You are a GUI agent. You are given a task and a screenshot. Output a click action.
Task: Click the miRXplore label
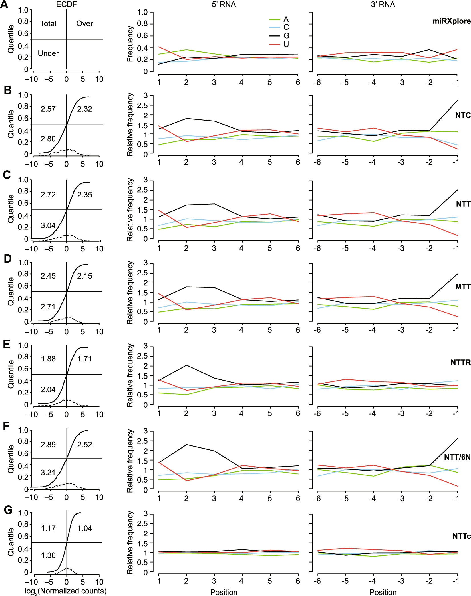[451, 21]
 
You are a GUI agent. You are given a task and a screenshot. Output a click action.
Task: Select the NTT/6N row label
[457, 457]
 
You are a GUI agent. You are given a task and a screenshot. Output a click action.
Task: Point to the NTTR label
[460, 363]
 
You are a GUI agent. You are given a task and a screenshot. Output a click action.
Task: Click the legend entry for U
[286, 44]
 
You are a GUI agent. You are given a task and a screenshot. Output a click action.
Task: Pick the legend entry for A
[286, 19]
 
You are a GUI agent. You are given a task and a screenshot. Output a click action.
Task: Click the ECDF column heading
[66, 4]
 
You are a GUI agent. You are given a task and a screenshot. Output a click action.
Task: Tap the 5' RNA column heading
[224, 4]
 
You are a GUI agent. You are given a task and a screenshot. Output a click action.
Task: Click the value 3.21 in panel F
[48, 472]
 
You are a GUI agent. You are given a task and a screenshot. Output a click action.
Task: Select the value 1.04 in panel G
[84, 528]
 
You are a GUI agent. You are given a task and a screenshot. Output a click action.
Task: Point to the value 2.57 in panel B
[48, 109]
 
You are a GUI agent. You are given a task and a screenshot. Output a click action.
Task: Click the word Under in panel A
[48, 53]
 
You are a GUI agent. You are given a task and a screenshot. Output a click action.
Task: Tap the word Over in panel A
[84, 23]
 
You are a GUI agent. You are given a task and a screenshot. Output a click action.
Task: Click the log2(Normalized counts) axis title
[65, 591]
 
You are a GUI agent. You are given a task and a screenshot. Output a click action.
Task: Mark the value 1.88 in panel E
[48, 359]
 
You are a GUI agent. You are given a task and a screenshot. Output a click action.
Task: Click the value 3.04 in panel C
[48, 225]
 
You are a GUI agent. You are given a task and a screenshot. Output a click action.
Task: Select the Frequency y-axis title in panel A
[130, 43]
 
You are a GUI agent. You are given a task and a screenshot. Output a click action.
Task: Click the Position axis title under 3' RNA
[383, 592]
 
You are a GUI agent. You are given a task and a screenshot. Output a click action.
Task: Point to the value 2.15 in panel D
[84, 276]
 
